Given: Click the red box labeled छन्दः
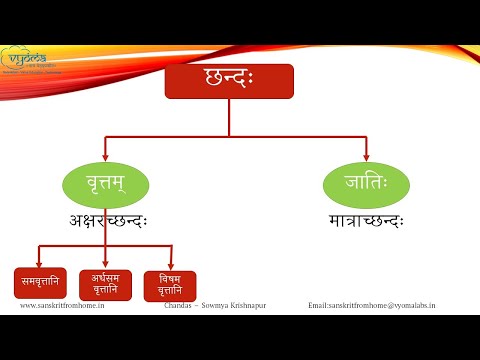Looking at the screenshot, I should click(x=229, y=82).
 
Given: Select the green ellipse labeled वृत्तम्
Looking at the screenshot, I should click(x=106, y=185).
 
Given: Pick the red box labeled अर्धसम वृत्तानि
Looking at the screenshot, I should click(x=106, y=283).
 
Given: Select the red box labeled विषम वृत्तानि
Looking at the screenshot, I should click(x=170, y=286).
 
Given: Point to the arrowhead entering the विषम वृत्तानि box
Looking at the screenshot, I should click(x=171, y=265).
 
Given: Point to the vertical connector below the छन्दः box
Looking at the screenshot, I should click(x=229, y=117).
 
